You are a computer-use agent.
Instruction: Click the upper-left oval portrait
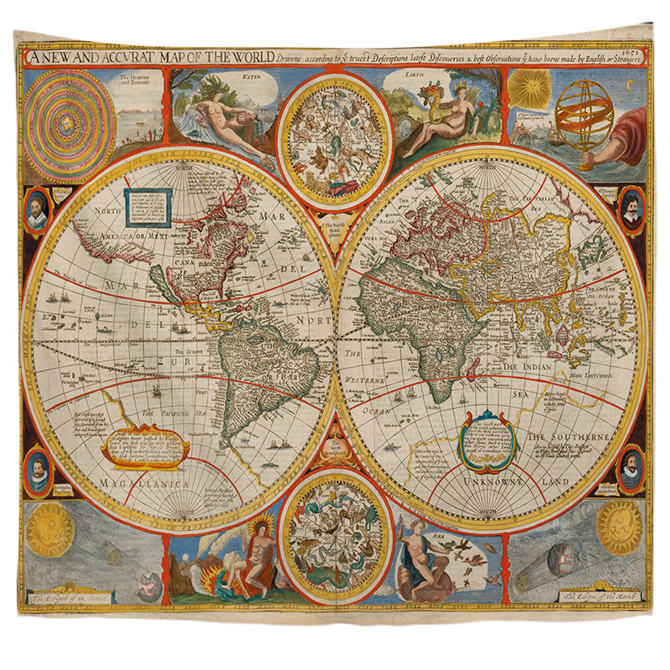point(35,210)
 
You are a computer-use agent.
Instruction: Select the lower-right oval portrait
point(631,469)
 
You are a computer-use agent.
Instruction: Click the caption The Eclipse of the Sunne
point(67,598)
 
